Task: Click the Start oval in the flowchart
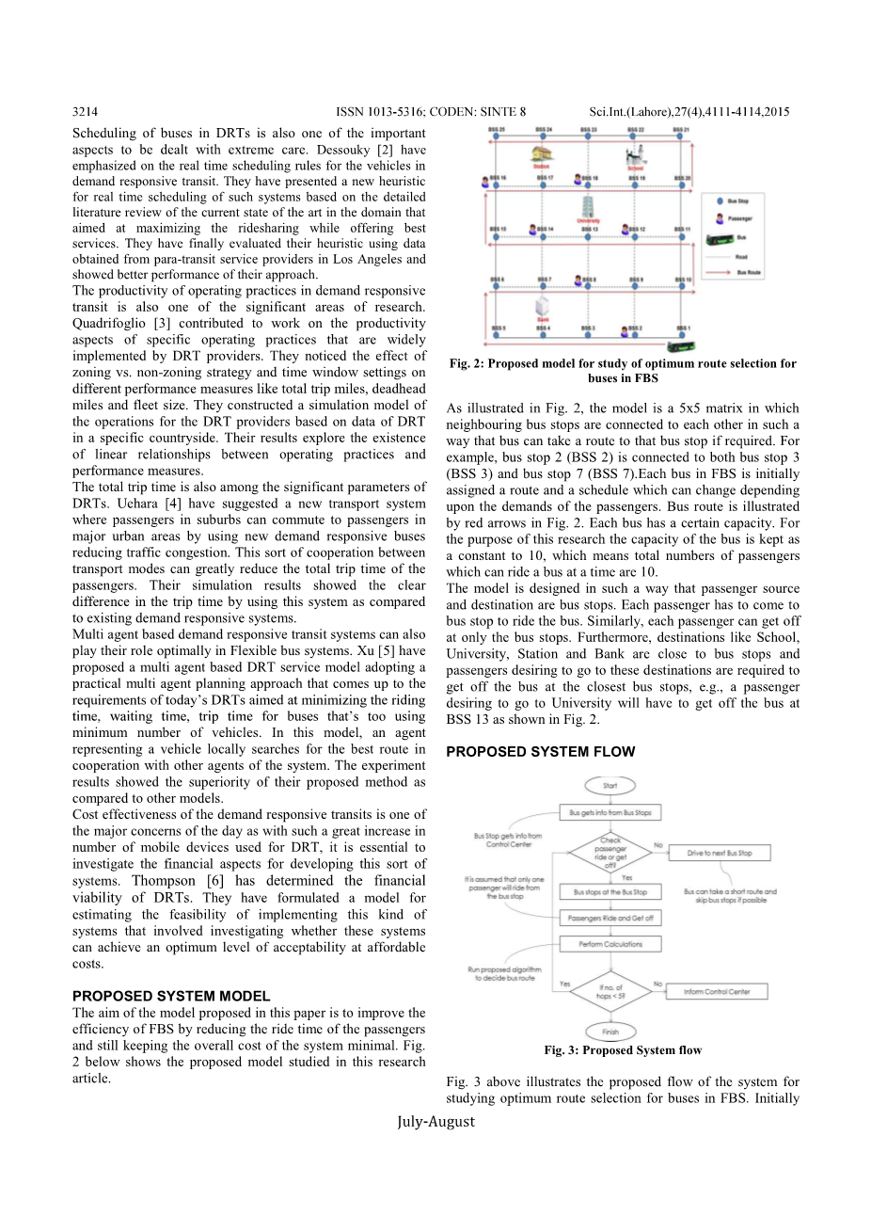610,785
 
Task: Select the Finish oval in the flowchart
610,1032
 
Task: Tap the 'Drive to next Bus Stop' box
719,853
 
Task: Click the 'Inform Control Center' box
717,991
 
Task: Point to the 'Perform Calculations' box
610,944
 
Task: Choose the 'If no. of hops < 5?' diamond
610,991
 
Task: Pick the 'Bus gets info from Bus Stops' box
610,812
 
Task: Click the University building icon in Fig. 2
589,207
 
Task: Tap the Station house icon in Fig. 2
541,154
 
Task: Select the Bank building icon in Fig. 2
543,308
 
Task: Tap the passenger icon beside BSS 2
625,330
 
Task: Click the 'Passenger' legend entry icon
720,218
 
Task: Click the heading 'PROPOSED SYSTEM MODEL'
171,996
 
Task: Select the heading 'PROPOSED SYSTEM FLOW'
541,752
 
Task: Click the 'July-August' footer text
435,1121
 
